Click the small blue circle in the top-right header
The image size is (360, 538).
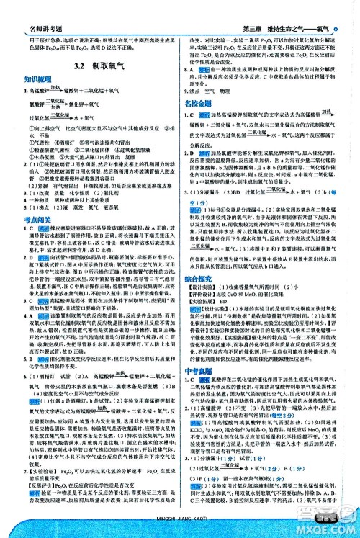(354, 8)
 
